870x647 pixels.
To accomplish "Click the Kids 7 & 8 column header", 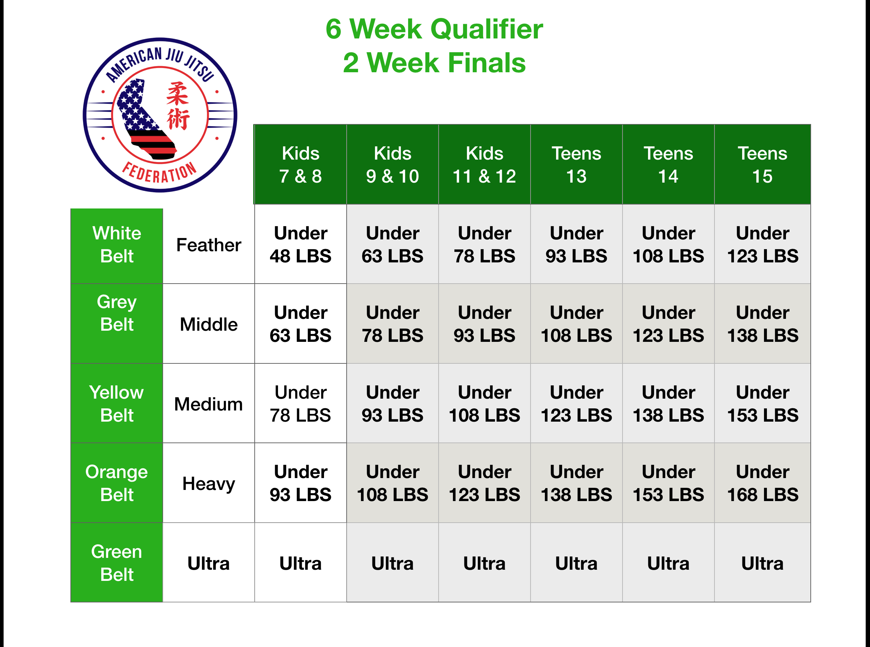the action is (x=300, y=165).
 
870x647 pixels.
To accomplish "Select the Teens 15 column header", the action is (x=762, y=165).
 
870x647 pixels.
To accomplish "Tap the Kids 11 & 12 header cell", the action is (x=484, y=165).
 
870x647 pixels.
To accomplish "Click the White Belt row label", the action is (x=117, y=245).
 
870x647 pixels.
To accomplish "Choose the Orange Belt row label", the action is (x=117, y=483).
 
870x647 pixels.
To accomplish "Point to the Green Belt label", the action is (x=117, y=563).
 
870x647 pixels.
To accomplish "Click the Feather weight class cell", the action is (x=209, y=245).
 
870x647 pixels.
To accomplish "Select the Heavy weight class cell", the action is (x=209, y=483).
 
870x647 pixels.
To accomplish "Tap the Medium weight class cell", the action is (x=209, y=404).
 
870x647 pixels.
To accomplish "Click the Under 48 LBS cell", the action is (x=300, y=244).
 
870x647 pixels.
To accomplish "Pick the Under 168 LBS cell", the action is (x=762, y=483).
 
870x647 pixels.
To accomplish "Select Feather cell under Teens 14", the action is (x=668, y=244).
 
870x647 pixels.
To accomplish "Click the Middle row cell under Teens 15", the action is (x=762, y=324).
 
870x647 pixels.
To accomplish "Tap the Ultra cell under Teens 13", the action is (x=576, y=563).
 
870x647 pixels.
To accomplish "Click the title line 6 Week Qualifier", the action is (x=434, y=29).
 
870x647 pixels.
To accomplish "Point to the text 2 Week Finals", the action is (x=434, y=63).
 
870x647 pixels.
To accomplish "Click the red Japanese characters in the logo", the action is (x=178, y=106).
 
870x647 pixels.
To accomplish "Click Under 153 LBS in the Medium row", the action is (x=762, y=404).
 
